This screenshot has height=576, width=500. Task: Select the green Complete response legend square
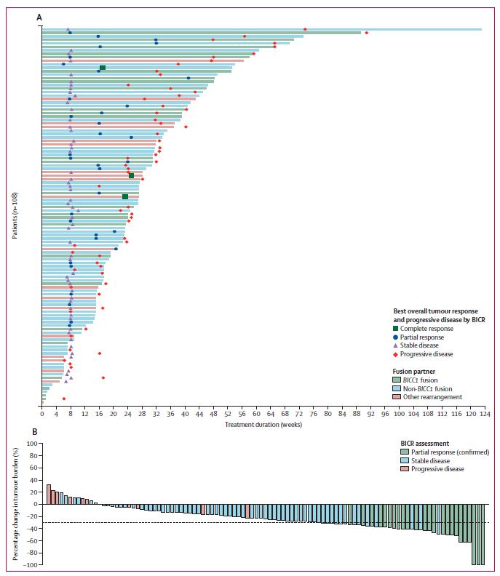[397, 328]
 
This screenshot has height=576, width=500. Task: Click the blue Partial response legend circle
[397, 337]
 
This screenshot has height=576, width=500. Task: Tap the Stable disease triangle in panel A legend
[397, 345]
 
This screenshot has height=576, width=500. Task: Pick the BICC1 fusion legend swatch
[397, 380]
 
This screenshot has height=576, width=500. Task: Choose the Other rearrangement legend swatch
[397, 397]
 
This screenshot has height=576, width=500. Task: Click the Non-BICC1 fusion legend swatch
[397, 388]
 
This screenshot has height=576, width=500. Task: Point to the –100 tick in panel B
[31, 565]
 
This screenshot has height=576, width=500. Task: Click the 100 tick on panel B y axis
[32, 443]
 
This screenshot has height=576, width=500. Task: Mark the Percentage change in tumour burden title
[15, 503]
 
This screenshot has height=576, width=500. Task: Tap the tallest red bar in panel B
[49, 495]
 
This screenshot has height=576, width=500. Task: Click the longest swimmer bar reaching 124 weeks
[261, 29]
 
